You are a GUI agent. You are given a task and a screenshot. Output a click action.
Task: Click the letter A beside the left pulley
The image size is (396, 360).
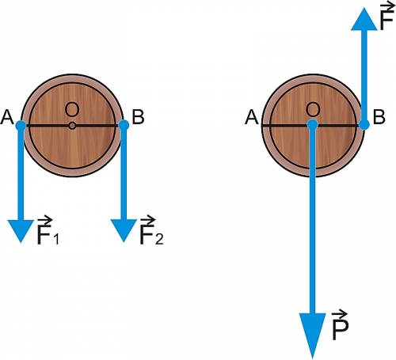click(7, 117)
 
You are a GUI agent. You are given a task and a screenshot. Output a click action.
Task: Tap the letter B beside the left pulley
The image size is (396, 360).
click(138, 117)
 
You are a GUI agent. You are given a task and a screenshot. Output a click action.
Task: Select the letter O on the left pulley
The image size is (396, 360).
click(72, 109)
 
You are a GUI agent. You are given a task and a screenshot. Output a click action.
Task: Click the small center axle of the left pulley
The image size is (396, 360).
click(72, 126)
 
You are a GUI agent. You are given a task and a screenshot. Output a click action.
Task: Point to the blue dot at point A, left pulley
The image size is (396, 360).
click(21, 125)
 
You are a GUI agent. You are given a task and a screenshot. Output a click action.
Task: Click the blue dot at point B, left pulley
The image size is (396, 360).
click(124, 125)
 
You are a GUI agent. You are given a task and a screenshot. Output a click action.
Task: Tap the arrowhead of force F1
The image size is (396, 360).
click(21, 231)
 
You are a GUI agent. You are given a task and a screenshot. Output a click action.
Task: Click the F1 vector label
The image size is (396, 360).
click(48, 231)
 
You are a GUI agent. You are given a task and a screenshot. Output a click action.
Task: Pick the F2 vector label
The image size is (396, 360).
click(151, 230)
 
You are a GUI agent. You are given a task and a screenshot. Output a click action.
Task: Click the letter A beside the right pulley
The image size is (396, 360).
click(252, 117)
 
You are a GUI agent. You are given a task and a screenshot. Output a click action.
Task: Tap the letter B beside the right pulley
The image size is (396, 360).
click(379, 117)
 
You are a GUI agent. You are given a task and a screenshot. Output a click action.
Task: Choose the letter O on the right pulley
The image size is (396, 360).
click(313, 109)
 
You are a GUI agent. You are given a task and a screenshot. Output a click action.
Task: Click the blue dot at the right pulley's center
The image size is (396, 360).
click(313, 124)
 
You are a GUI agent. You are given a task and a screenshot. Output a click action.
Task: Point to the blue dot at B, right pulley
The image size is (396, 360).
click(364, 124)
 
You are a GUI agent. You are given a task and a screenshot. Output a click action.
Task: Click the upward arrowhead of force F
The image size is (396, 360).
click(364, 19)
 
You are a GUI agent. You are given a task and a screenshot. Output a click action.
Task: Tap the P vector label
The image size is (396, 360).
click(340, 325)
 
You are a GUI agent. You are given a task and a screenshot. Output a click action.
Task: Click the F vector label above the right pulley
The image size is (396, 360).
click(387, 17)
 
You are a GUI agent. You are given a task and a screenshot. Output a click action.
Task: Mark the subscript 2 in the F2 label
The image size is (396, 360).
click(159, 239)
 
